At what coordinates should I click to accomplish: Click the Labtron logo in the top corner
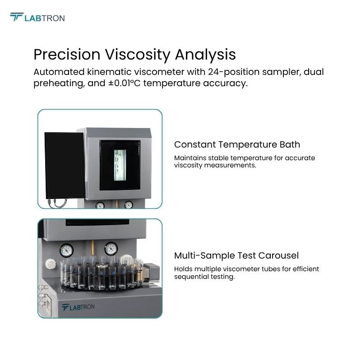pos(37,17)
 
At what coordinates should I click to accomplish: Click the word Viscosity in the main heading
pos(138,55)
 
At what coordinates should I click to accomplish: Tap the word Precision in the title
pos(67,54)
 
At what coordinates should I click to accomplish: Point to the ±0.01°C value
pos(125,83)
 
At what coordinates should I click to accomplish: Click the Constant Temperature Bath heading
pos(237,144)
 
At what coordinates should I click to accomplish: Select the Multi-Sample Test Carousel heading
pos(236,255)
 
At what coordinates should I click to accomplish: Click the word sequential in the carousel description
pos(189,277)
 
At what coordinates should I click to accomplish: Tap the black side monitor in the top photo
pos(65,165)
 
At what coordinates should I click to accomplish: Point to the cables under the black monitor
pos(58,204)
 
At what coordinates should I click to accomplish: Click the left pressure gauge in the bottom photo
pos(66,250)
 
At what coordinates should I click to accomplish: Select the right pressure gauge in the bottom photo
pos(111,249)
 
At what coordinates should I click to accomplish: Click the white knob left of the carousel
pos(51,264)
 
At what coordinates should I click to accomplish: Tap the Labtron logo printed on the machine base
pos(78,307)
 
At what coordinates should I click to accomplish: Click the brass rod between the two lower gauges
pos(93,248)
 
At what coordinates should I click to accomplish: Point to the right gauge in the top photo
pos(129,205)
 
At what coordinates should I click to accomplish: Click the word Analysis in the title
pos(205,55)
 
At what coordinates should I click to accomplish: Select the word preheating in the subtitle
pos(59,83)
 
